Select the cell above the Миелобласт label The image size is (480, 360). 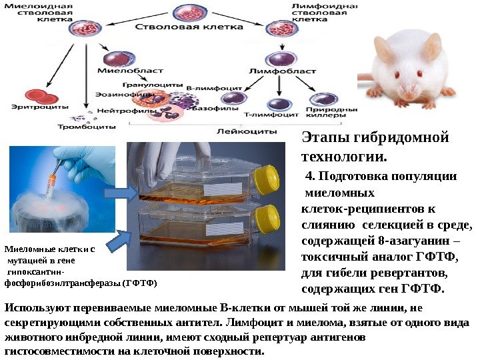(119, 53)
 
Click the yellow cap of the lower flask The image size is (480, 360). (267, 216)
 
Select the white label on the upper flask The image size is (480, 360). (218, 189)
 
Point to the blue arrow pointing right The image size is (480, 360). (121, 193)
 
